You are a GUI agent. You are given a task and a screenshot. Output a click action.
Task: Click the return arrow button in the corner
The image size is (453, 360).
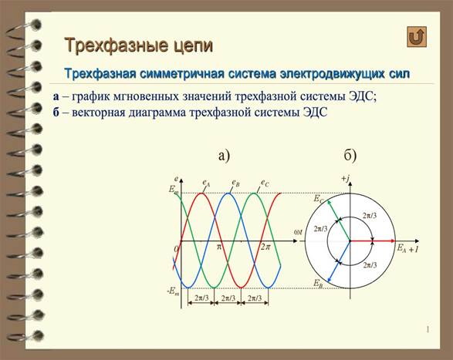417,37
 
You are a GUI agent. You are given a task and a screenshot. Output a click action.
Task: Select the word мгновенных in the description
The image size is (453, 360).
146,96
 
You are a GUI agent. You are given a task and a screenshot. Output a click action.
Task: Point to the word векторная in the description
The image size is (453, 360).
98,112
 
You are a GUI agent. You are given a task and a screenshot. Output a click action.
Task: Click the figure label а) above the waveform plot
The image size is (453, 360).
224,155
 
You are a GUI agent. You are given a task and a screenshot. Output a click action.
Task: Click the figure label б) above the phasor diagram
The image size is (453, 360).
350,155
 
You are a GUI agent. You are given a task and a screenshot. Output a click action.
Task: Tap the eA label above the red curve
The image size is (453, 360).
206,183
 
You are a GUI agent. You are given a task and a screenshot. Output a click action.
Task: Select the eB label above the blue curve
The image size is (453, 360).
235,183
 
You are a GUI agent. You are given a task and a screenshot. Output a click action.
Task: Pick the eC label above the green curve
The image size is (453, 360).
265,183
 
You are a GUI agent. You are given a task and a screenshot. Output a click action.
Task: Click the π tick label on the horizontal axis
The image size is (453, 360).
219,247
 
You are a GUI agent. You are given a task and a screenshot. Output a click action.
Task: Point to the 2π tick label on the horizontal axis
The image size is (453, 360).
265,247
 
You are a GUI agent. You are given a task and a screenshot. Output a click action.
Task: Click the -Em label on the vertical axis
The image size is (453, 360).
173,291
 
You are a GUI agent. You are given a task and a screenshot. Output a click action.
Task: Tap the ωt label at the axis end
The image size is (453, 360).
298,232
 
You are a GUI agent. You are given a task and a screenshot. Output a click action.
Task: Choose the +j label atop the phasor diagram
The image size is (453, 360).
346,179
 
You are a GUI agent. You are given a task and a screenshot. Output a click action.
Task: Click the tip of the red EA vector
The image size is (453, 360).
395,241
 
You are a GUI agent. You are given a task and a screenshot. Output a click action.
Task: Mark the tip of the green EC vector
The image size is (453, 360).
327,201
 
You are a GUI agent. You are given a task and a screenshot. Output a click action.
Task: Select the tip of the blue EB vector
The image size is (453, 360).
327,281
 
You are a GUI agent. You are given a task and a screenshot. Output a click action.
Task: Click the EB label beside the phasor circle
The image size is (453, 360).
318,283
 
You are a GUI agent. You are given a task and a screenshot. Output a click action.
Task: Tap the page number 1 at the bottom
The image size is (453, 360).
428,329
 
